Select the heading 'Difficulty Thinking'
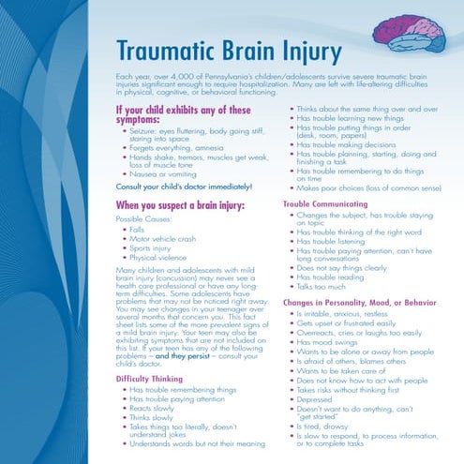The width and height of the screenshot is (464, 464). [149, 378]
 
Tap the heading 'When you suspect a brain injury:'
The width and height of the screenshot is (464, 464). [183, 204]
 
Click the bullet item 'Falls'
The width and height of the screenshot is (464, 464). [137, 228]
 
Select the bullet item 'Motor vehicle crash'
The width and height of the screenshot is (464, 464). [162, 238]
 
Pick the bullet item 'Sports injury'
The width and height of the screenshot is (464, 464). [150, 247]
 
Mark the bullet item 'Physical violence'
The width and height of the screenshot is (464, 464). [156, 257]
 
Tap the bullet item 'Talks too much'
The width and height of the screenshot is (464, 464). [322, 286]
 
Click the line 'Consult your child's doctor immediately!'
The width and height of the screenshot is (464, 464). [183, 187]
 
